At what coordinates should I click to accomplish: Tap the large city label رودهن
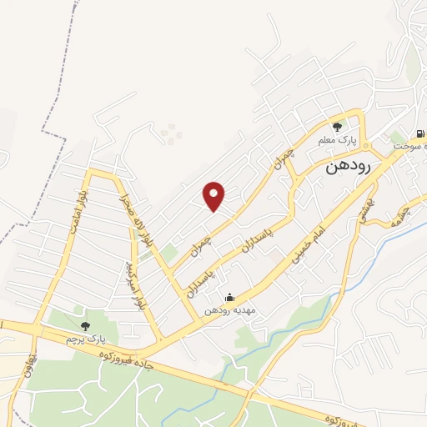click(x=345, y=165)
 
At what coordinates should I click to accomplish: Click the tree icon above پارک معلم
click(x=337, y=127)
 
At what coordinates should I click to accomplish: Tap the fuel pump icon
click(x=418, y=133)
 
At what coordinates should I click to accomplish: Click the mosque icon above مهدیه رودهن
click(x=230, y=298)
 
